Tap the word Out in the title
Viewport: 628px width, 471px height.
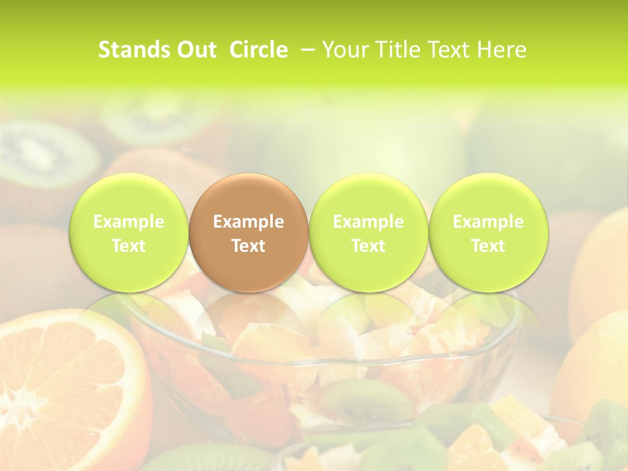196,50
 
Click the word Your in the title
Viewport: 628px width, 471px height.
343,50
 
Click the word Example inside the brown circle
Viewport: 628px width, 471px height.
249,222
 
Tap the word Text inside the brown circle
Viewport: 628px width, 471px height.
249,246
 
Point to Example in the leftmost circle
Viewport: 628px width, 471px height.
129,222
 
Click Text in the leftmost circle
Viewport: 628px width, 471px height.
129,246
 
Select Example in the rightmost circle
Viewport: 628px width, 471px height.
488,222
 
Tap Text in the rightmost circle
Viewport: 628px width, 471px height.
488,246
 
